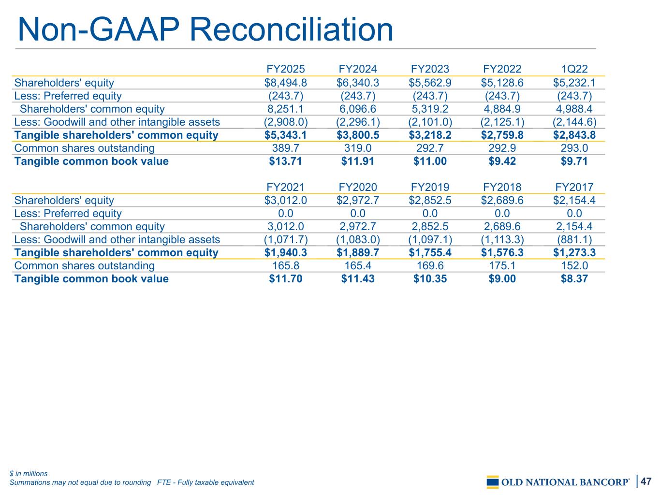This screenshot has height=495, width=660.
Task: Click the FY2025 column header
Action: tap(285, 69)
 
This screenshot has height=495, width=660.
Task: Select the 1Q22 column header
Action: tap(574, 69)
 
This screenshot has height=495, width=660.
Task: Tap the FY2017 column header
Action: tap(574, 187)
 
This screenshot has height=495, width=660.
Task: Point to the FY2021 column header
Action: tap(285, 187)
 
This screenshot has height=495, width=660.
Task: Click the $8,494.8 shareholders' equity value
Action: tap(285, 83)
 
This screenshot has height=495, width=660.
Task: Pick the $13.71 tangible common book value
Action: tap(285, 161)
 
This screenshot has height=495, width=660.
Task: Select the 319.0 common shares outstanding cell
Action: tap(357, 148)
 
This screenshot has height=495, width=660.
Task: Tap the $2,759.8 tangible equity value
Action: tap(502, 135)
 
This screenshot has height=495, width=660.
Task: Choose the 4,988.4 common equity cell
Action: tap(574, 109)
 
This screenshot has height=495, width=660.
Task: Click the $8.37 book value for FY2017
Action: tap(574, 279)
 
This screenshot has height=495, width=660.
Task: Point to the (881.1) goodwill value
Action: tap(574, 240)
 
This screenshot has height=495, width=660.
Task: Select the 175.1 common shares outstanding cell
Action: tap(502, 266)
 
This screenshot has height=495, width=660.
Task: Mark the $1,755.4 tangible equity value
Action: tap(430, 253)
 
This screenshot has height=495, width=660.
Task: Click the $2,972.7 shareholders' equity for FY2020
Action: tap(357, 201)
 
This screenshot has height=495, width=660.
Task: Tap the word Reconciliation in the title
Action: tap(292, 29)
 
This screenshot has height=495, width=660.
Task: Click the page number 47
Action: tap(646, 481)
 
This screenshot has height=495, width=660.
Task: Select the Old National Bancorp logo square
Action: tap(492, 482)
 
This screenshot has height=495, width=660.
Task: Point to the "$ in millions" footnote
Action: tap(29, 474)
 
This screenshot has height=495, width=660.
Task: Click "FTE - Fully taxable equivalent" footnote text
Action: tap(205, 482)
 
